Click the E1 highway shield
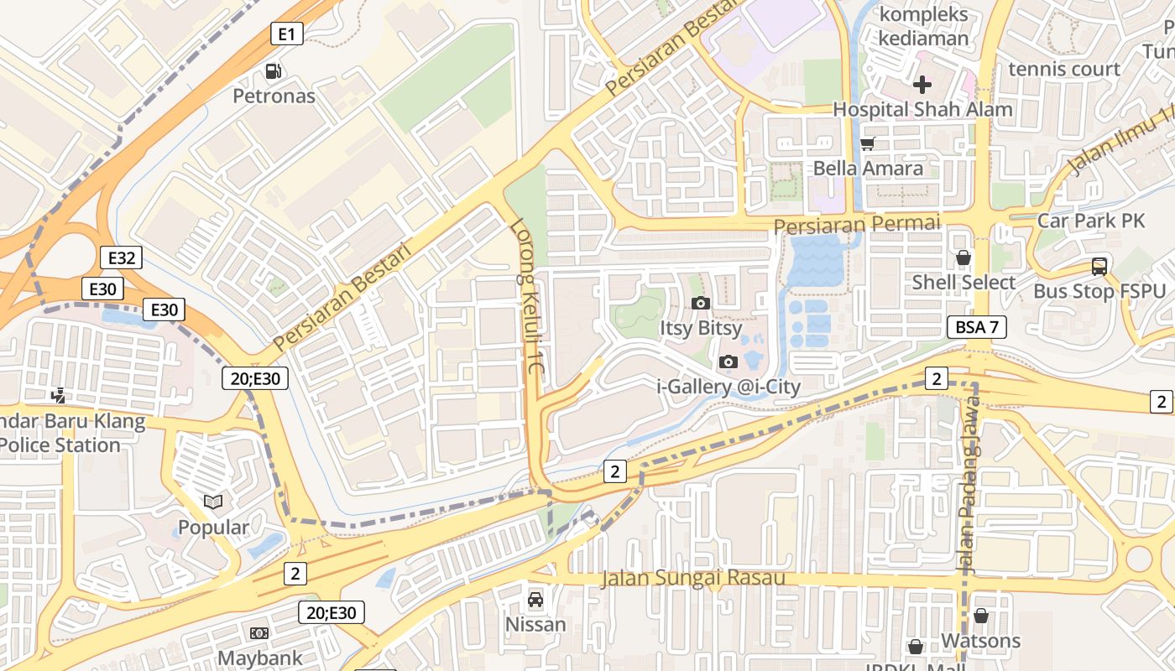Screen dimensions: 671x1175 click(x=287, y=34)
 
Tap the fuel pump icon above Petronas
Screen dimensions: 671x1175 click(x=274, y=72)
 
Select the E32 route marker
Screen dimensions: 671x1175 click(x=121, y=257)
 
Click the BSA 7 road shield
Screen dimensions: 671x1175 click(x=977, y=327)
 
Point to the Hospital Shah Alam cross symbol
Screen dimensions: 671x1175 click(x=922, y=85)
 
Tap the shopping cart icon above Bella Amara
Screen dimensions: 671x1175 click(x=868, y=144)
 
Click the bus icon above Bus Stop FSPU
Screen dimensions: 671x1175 click(x=1099, y=267)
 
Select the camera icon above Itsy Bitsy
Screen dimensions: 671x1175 click(x=700, y=303)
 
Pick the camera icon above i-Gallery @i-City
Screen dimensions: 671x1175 click(x=728, y=362)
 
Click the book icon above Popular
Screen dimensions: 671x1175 click(x=213, y=502)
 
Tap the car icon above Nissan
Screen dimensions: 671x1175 click(x=535, y=600)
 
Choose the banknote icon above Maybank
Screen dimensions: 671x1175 click(x=259, y=633)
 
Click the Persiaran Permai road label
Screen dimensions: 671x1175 click(x=856, y=225)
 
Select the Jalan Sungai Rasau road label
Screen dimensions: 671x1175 click(x=693, y=578)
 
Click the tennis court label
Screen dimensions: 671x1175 click(x=1064, y=69)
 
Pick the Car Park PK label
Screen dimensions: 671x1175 click(x=1091, y=221)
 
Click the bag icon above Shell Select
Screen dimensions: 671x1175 click(x=963, y=257)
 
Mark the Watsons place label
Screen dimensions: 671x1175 click(x=980, y=641)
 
